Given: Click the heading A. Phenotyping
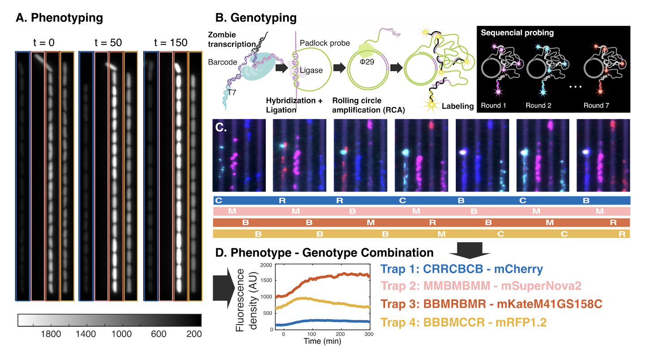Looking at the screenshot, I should [59, 18].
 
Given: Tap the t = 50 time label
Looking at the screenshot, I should [108, 43].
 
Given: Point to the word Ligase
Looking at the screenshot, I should [311, 71].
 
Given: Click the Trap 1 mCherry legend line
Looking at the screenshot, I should [461, 270].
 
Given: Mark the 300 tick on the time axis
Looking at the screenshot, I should [368, 335].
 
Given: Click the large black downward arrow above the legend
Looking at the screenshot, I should [469, 250].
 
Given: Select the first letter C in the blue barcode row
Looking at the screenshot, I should [218, 201].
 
